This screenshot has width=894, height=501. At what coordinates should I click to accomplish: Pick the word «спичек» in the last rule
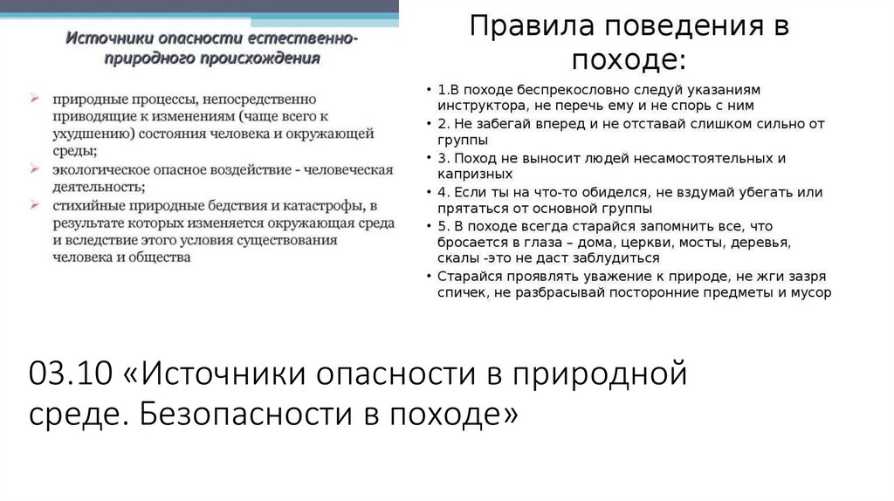pos(462,292)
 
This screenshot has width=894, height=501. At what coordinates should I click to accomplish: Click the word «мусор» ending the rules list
pos(811,292)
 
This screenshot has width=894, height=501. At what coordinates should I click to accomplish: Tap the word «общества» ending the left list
pos(159,258)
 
